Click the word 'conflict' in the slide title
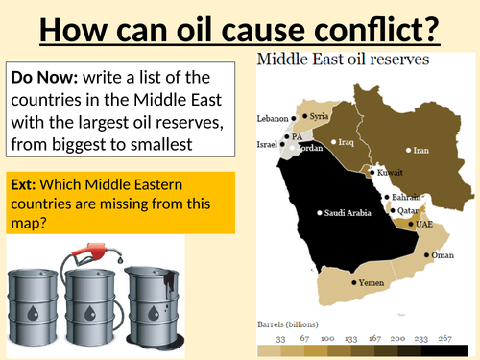[x=372, y=27]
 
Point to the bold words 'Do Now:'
[x=43, y=76]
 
